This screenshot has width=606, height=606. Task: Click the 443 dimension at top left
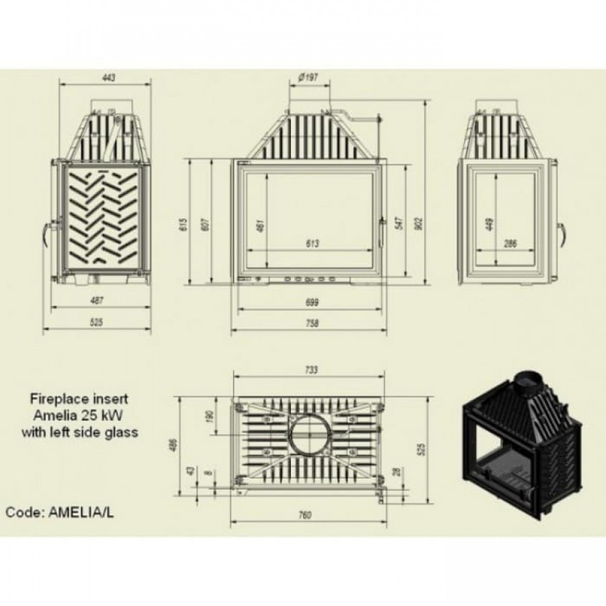[109, 77]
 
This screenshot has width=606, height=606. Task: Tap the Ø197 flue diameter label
[308, 77]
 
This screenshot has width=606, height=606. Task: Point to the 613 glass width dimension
[312, 244]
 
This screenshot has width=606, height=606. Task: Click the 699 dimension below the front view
[312, 302]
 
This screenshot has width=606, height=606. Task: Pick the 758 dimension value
[312, 323]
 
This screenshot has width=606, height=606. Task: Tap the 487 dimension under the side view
[96, 300]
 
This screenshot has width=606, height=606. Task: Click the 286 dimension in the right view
[510, 244]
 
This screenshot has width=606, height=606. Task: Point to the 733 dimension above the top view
[311, 370]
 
